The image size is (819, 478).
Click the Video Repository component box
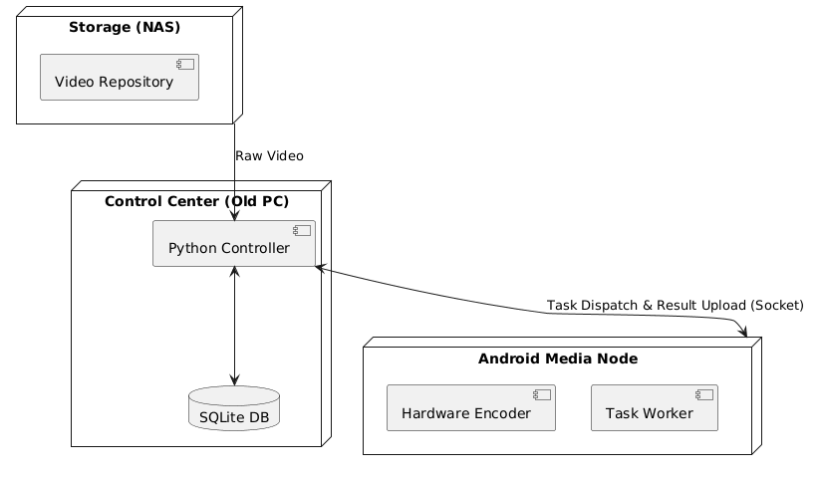click(120, 78)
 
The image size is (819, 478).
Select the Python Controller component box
click(234, 244)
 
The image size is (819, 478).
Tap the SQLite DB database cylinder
click(234, 408)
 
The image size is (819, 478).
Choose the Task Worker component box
click(654, 409)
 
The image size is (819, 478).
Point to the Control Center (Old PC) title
click(196, 202)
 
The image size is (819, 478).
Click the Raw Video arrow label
click(269, 156)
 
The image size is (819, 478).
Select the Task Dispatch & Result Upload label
click(675, 305)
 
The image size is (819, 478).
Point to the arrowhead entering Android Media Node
click(742, 332)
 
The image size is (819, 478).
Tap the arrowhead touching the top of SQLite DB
click(234, 380)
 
